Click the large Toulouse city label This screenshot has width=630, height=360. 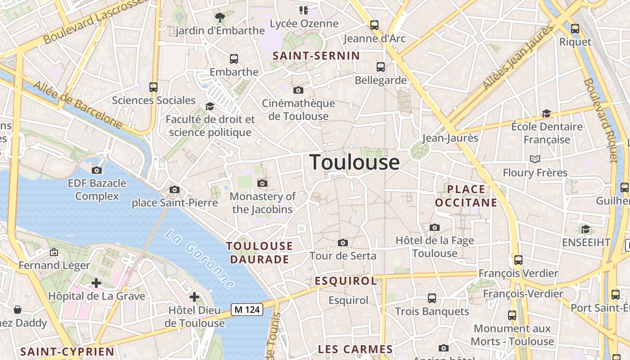355,162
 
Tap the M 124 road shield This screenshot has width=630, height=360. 247,310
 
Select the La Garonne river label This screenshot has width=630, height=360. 199,258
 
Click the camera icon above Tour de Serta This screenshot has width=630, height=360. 343,243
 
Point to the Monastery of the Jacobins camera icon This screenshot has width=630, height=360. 262,184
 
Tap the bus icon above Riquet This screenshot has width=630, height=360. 575,29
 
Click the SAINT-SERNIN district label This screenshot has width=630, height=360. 317,56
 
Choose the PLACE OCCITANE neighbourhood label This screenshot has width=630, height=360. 466,196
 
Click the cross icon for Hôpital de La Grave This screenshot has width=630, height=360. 96,283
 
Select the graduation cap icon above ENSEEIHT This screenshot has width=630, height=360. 585,229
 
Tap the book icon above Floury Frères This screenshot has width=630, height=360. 535,159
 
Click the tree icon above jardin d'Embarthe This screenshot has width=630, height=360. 220,18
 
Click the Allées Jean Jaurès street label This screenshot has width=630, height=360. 517,58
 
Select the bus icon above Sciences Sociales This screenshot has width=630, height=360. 153,87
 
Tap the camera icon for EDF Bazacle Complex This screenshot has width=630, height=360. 97,170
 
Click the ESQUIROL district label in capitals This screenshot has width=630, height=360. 346,281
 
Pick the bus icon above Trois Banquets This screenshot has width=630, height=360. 432,298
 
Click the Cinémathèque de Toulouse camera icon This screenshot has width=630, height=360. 298,90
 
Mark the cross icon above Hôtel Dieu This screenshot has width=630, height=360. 194,297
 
